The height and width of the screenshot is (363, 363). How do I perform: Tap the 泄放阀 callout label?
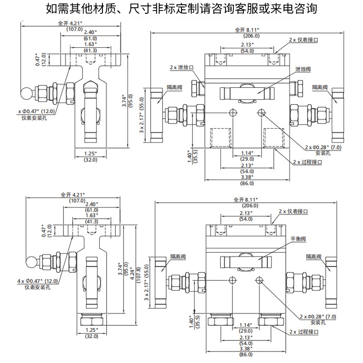point(303,68)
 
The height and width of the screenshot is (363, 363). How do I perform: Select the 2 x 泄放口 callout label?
point(181,67)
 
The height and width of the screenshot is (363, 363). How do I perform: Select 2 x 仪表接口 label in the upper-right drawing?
point(303,40)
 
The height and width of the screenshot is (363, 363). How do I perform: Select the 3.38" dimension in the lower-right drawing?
point(247,348)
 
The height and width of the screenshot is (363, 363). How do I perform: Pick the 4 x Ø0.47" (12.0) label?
point(39,281)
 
